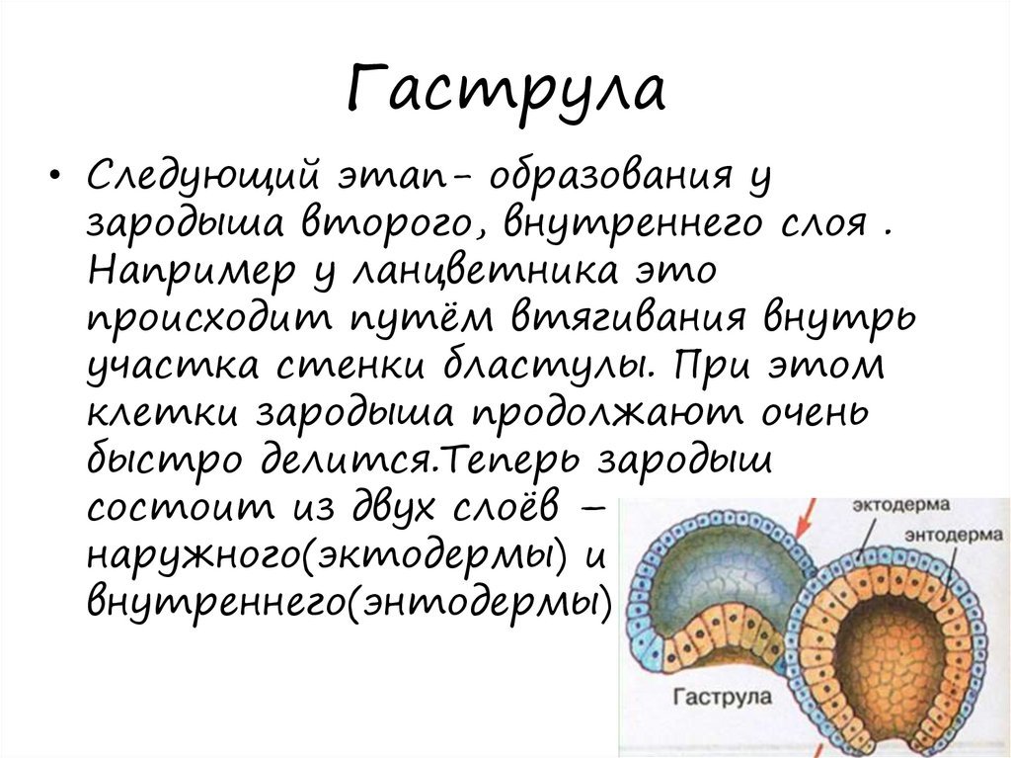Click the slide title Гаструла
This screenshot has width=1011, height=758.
(506, 90)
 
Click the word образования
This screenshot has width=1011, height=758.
(609, 174)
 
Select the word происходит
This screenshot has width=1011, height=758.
(207, 319)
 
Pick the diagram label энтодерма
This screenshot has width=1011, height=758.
(955, 536)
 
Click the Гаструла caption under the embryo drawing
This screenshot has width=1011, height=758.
(722, 697)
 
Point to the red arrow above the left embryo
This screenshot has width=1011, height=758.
(806, 519)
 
